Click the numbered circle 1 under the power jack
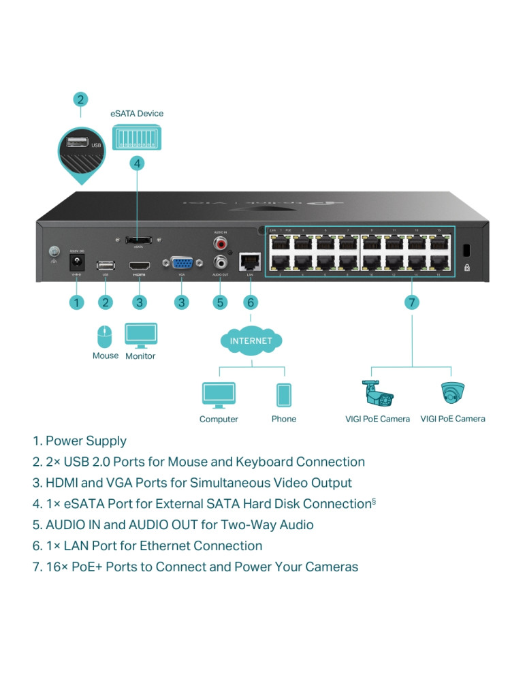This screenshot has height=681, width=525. [77, 302]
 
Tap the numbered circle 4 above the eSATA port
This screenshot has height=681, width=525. [138, 163]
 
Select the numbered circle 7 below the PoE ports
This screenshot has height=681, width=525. [412, 302]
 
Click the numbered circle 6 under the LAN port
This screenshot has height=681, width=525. [251, 302]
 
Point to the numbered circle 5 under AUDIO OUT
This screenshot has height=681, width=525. [220, 302]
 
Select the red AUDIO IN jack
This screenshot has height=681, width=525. [220, 242]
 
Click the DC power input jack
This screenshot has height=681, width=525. [77, 261]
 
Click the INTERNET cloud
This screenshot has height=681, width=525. [251, 340]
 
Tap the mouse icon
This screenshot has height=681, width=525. [104, 337]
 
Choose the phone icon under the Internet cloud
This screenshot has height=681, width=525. [283, 395]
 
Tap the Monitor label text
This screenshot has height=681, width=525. [140, 356]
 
